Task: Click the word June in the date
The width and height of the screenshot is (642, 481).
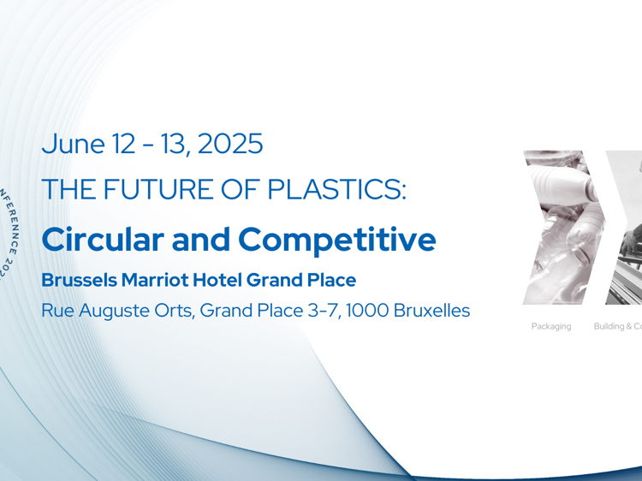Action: [72, 144]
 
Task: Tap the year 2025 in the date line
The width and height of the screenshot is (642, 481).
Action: [229, 144]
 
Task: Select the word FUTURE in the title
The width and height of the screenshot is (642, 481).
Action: [152, 190]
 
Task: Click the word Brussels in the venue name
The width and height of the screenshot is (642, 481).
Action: [76, 280]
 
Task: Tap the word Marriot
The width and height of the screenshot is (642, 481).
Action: [158, 280]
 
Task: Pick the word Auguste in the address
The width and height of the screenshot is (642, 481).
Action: [116, 311]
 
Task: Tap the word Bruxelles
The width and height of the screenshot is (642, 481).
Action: [436, 310]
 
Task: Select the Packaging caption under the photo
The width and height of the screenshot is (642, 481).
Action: [550, 326]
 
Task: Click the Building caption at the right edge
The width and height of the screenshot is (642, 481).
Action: [616, 326]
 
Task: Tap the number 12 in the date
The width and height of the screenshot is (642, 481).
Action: [122, 144]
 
